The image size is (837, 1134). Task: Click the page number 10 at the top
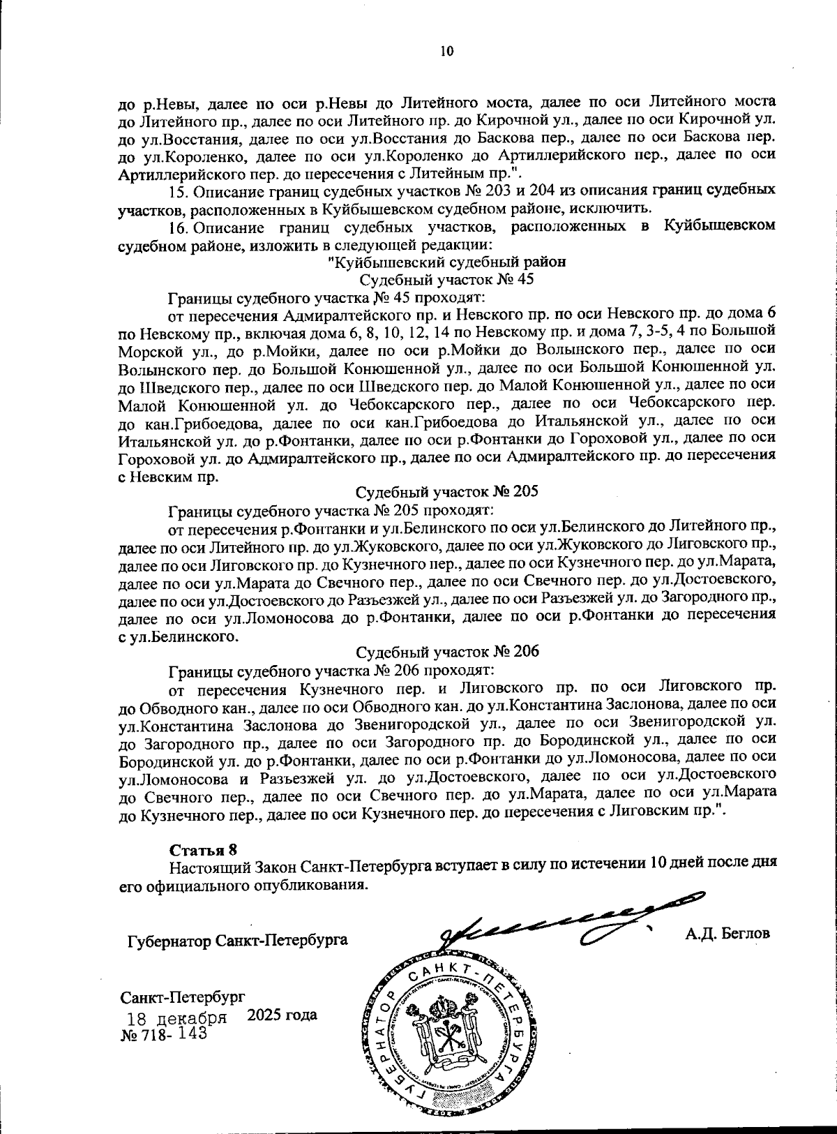(x=446, y=50)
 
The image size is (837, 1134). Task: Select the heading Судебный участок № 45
(x=446, y=279)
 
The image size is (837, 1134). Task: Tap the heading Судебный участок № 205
(x=447, y=491)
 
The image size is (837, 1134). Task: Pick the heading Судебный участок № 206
(x=447, y=652)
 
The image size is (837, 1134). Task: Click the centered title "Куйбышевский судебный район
(x=446, y=262)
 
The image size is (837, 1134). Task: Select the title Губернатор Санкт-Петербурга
(x=237, y=940)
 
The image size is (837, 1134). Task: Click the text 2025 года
(x=282, y=1014)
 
